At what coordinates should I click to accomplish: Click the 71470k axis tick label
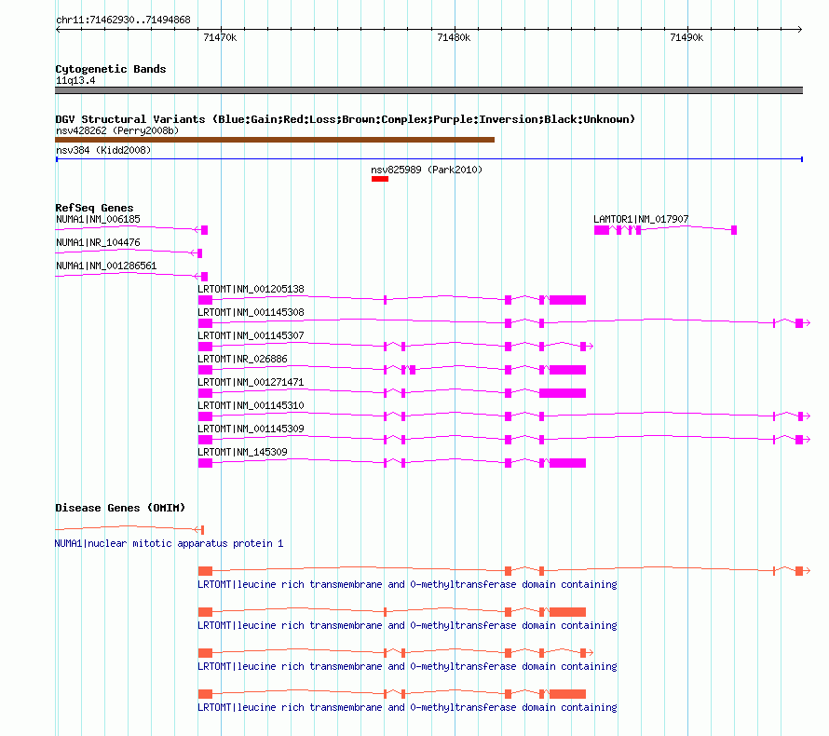(x=220, y=37)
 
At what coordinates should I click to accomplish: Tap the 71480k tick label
(x=454, y=37)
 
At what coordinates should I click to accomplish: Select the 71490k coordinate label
(x=686, y=37)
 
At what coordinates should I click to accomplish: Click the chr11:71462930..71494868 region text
(x=123, y=20)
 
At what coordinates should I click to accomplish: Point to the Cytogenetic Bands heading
(x=111, y=69)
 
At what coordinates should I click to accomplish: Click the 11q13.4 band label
(x=75, y=81)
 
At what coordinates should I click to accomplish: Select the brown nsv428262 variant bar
(x=275, y=140)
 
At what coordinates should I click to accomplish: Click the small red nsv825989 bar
(x=380, y=179)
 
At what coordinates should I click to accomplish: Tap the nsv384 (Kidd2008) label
(x=103, y=150)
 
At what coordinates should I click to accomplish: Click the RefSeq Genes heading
(x=94, y=208)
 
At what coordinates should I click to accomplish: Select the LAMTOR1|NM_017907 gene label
(x=641, y=219)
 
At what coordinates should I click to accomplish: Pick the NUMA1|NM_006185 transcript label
(x=99, y=219)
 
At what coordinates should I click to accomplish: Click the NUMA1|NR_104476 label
(x=99, y=242)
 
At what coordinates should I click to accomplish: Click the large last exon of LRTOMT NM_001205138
(x=567, y=300)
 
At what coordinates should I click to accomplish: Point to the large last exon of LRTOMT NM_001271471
(x=563, y=393)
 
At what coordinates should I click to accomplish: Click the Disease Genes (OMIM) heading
(x=120, y=508)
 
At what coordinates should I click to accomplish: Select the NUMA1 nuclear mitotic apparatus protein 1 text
(x=170, y=543)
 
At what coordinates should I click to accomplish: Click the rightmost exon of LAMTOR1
(x=734, y=230)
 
